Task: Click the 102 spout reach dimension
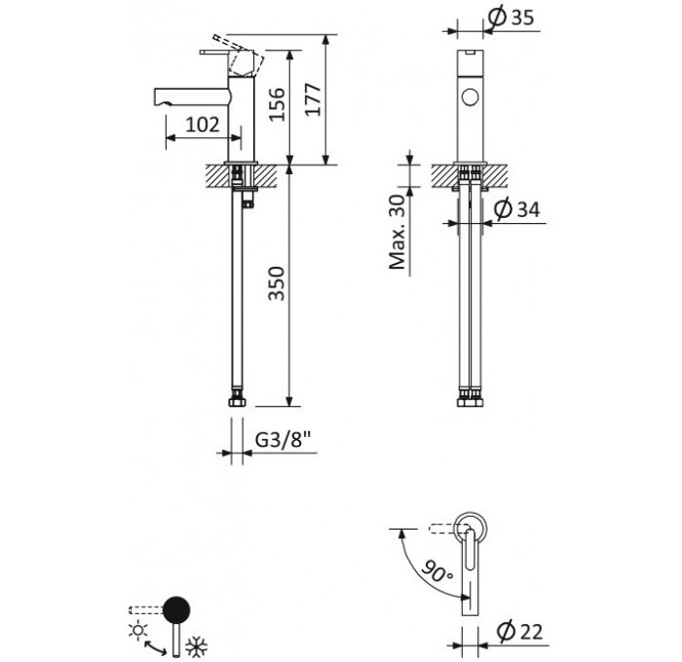[x=203, y=126]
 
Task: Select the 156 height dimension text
[x=276, y=105]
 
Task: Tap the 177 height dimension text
[x=313, y=99]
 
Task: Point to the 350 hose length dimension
[x=276, y=283]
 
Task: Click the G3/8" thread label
[x=284, y=440]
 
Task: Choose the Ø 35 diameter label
[x=511, y=18]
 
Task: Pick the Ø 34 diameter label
[x=517, y=209]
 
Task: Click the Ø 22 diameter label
[x=519, y=632]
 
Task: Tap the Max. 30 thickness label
[x=398, y=232]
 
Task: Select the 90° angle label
[x=437, y=570]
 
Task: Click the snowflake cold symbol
[x=197, y=646]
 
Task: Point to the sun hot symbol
[x=138, y=630]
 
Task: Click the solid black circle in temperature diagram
[x=176, y=609]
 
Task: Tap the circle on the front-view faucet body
[x=471, y=97]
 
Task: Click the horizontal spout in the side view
[x=191, y=96]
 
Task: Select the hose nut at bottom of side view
[x=237, y=400]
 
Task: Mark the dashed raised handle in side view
[x=239, y=55]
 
